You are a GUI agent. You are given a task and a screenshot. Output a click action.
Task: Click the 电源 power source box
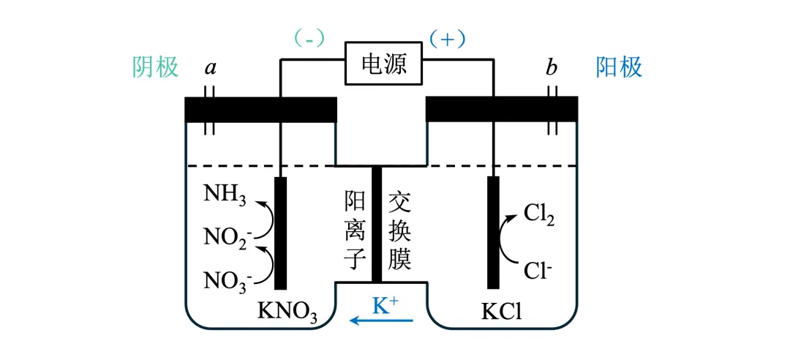pos(383,64)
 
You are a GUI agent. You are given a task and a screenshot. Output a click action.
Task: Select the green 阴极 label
pos(156,67)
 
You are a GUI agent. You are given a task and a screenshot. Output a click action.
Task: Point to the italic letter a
pos(211,69)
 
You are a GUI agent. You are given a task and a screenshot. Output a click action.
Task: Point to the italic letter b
pos(551,68)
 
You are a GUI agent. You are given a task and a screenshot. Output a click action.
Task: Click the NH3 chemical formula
pos(225,195)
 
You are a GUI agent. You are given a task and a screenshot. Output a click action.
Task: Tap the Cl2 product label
pos(540,214)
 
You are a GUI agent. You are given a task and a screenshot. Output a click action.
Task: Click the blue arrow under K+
pos(381,320)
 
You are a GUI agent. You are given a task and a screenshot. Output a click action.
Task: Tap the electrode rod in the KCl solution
pos(493,232)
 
